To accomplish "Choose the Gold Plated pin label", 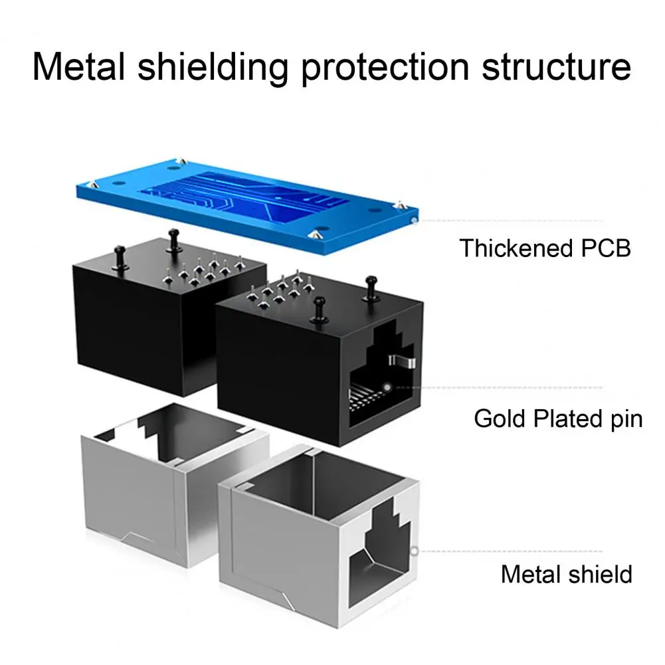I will click(558, 419).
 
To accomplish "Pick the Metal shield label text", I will click(567, 573).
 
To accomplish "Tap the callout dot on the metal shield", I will click(415, 550).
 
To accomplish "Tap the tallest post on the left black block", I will click(175, 239).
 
